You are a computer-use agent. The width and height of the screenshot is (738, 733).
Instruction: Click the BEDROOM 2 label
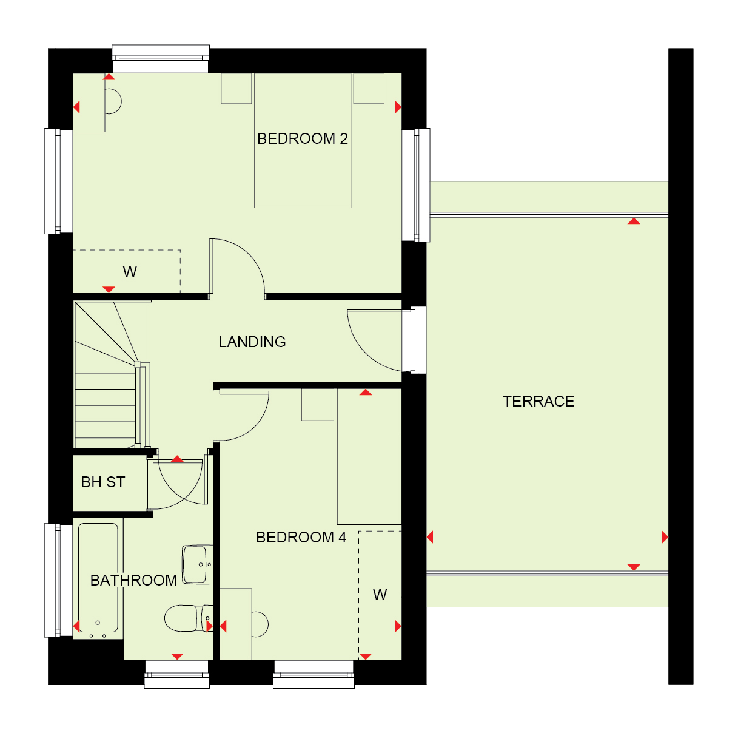(302, 138)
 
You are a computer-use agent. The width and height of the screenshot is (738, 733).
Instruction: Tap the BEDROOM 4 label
(301, 537)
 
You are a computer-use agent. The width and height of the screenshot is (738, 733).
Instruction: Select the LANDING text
(252, 342)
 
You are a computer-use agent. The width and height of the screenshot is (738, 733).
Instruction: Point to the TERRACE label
(538, 401)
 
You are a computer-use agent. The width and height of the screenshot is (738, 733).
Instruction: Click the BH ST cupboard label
(103, 482)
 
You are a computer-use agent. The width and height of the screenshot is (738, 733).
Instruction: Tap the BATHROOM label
(133, 581)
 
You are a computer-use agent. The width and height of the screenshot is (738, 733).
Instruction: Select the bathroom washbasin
(198, 564)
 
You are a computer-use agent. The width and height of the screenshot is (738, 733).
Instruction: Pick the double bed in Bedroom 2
(303, 140)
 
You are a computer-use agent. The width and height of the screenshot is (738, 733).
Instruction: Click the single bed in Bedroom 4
(369, 456)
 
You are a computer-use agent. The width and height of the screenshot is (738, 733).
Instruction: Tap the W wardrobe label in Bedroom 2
(130, 272)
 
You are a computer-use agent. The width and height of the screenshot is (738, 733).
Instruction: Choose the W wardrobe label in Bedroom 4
(380, 595)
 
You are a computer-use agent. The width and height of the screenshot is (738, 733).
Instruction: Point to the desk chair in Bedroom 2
(113, 101)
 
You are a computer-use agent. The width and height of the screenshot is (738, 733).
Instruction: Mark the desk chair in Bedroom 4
(260, 624)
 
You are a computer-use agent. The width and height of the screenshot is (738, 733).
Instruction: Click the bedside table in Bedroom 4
(318, 405)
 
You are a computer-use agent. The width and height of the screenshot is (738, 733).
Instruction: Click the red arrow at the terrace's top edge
(634, 221)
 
